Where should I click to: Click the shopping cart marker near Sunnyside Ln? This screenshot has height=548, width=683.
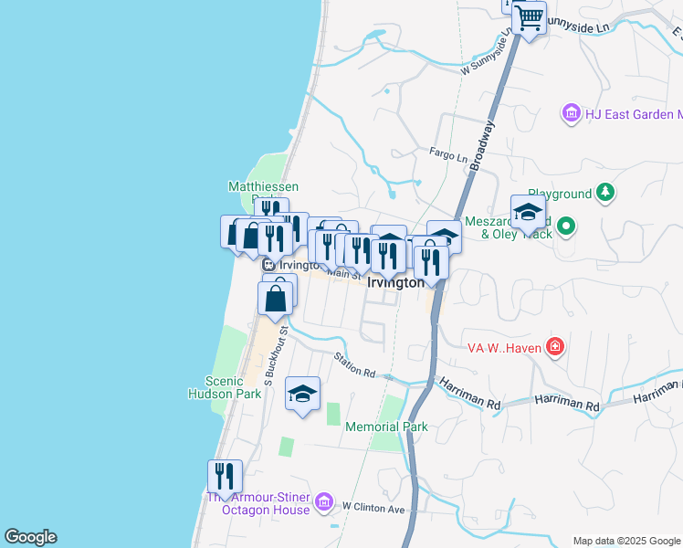[x=528, y=17]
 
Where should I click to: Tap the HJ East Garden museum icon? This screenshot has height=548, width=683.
[x=572, y=114]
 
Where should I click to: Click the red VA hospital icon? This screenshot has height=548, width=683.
[x=554, y=346]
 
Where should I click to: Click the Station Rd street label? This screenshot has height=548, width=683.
[x=355, y=365]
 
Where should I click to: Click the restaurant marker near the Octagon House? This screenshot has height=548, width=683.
[x=224, y=476]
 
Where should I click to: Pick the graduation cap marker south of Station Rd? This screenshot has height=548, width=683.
[x=302, y=394]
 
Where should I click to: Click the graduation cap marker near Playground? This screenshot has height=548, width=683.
[x=527, y=213]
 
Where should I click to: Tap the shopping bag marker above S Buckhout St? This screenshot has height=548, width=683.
[x=277, y=297]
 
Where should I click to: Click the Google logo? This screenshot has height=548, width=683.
[x=30, y=537]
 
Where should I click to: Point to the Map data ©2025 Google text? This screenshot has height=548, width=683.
[x=625, y=541]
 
